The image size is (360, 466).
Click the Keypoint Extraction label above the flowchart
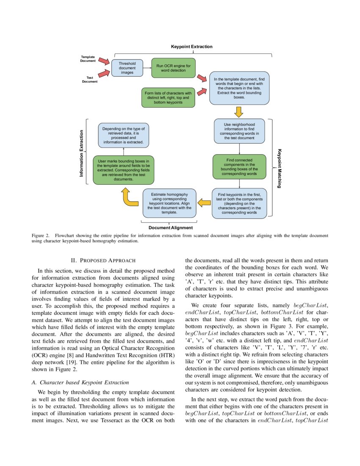tap(191, 47)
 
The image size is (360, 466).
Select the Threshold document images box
tap(127, 68)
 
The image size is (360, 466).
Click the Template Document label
tap(88, 58)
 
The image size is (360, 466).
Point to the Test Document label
tap(90, 80)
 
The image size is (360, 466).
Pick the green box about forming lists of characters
tap(168, 97)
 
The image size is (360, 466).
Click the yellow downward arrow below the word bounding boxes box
tap(239, 111)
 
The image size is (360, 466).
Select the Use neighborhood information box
tap(239, 131)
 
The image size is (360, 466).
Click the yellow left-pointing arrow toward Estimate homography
tap(205, 203)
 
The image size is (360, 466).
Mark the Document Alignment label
tap(171, 228)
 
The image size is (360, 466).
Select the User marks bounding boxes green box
tap(124, 170)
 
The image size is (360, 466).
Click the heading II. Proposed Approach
tap(103, 260)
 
